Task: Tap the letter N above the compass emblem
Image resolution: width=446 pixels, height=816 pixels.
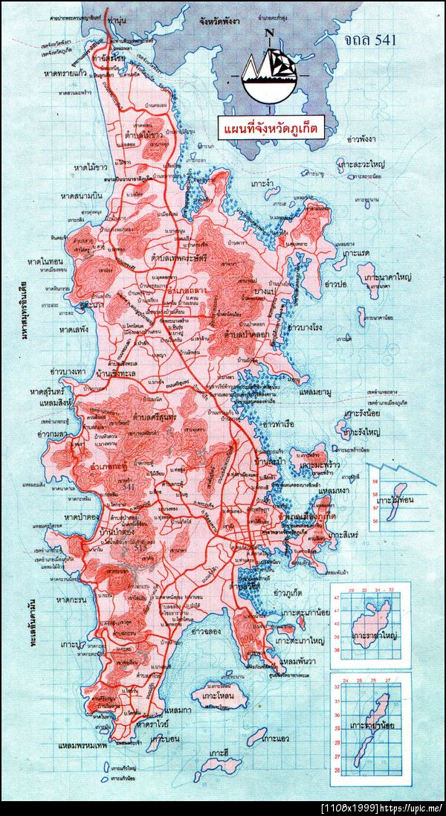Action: (x=268, y=31)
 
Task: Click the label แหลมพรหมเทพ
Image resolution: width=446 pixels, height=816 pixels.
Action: (x=85, y=744)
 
